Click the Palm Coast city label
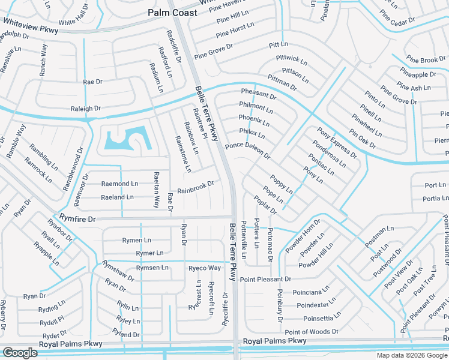(172, 13)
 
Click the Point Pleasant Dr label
(265, 279)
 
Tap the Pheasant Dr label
(259, 94)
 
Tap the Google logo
(20, 352)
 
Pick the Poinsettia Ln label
(325, 319)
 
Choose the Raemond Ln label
(119, 184)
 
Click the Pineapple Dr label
(417, 75)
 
